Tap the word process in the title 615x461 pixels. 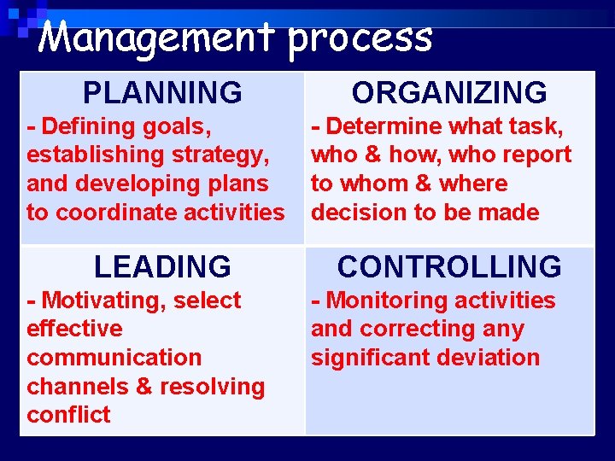(x=360, y=39)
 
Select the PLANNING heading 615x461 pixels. (x=162, y=92)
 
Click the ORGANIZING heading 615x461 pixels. (x=449, y=92)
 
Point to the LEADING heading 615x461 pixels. (x=162, y=267)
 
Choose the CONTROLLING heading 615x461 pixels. (x=449, y=267)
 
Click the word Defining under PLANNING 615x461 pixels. (x=89, y=126)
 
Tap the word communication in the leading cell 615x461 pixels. (x=114, y=358)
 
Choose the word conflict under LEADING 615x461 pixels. (x=68, y=415)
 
